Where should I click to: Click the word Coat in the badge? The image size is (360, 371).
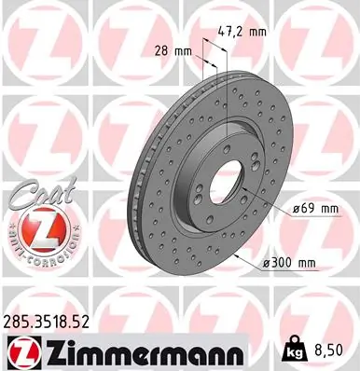point(33,199)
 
